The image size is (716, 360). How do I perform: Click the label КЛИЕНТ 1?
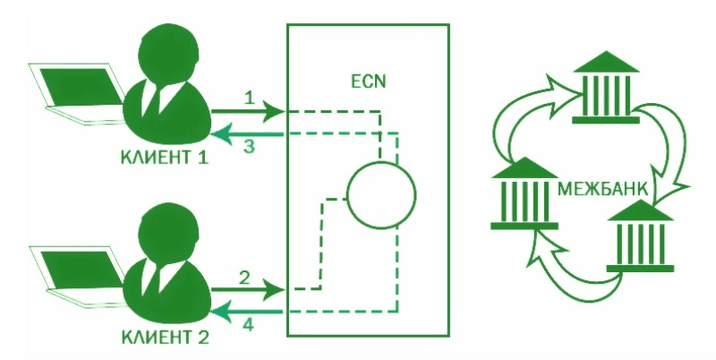pos(165,158)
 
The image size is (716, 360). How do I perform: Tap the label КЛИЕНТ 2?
pos(166,338)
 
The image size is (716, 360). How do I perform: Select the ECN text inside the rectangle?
pos(368,81)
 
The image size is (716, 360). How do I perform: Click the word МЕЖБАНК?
pos(602,189)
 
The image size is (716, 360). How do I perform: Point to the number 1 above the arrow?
pos(249,98)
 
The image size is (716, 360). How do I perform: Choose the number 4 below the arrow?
pos(247,325)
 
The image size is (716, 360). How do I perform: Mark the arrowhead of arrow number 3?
pos(220,134)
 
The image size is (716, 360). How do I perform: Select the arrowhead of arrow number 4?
pos(220,312)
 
